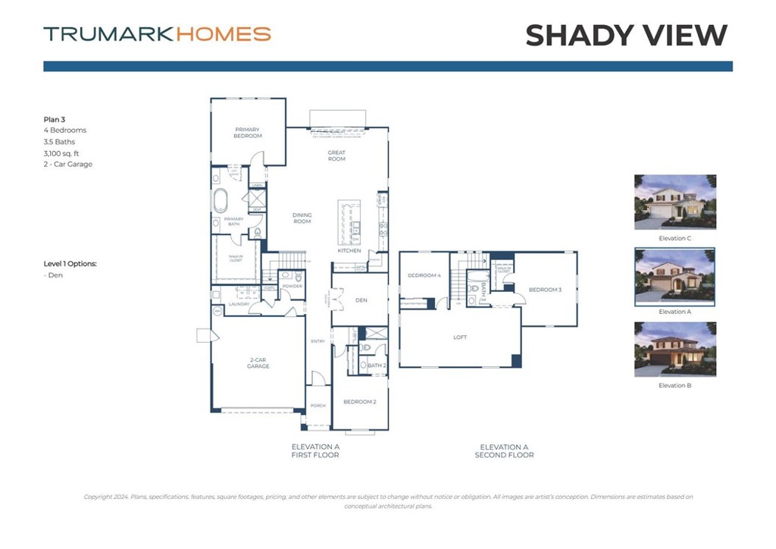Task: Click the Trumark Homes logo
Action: (157, 34)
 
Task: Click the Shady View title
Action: (626, 35)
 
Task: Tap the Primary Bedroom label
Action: (248, 133)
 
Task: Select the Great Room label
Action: (336, 155)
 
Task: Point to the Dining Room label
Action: (302, 218)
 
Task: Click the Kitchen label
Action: (349, 250)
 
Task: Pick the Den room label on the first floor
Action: (361, 300)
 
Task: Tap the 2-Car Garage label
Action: (258, 364)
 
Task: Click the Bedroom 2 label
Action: (359, 402)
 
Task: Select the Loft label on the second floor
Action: (460, 337)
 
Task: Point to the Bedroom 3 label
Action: (545, 290)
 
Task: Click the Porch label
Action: (318, 406)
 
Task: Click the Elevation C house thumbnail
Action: (674, 202)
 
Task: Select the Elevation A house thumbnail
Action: (674, 276)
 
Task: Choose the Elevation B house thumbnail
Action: (674, 350)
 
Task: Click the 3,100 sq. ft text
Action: (61, 153)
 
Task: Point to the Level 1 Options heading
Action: (70, 264)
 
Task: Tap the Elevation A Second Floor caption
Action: (504, 451)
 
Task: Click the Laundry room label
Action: (239, 304)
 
